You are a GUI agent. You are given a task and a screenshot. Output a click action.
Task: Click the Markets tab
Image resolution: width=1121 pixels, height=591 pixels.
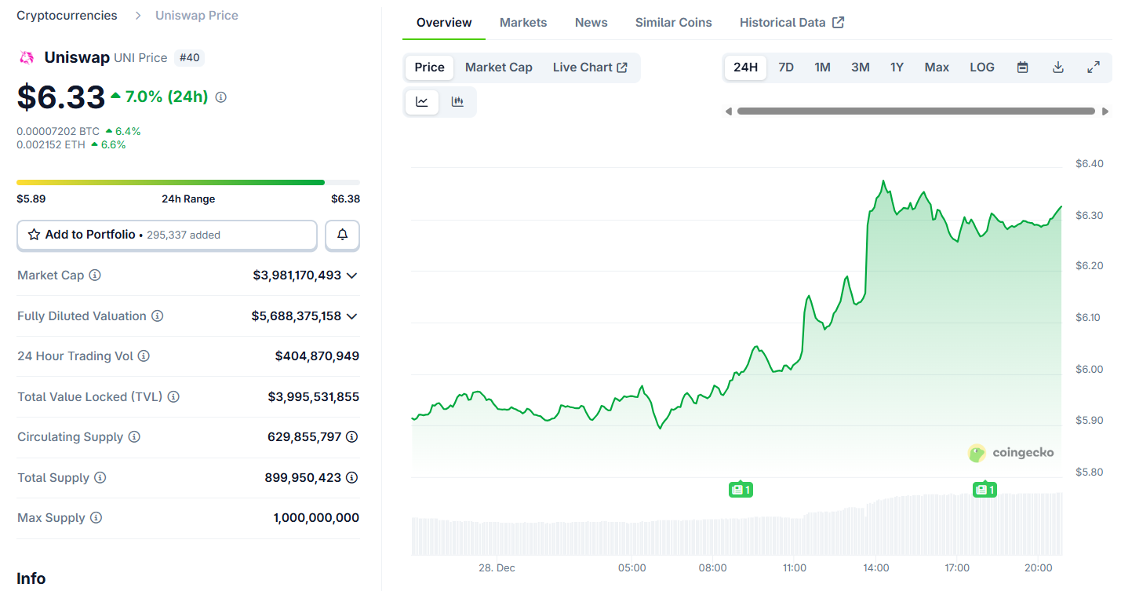coord(523,22)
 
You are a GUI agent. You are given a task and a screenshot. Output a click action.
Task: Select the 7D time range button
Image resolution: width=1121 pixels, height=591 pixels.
coord(786,67)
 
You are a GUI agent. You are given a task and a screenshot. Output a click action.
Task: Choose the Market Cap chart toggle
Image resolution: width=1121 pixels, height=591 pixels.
coord(499,67)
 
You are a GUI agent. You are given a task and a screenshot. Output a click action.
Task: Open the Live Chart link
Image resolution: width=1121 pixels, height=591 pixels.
coord(590,67)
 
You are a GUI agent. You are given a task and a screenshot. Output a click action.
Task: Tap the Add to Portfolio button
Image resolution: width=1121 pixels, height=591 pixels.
coord(167,235)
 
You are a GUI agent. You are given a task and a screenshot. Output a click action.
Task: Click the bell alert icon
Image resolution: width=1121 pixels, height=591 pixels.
coord(343,235)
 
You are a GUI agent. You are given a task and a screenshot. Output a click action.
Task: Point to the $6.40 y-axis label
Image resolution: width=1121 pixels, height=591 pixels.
coord(1089,164)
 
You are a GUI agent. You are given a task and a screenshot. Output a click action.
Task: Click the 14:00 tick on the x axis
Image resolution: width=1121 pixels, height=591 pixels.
coord(876,567)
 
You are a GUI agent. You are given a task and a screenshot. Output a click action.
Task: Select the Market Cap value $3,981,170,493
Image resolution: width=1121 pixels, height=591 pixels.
coord(297,275)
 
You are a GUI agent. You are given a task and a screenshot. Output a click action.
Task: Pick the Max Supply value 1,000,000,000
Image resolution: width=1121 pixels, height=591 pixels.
coord(316,518)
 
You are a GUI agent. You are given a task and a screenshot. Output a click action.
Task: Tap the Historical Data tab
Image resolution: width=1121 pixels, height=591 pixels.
coord(792,22)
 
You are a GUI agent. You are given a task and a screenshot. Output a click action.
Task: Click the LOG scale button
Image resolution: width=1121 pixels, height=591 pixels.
coord(982,67)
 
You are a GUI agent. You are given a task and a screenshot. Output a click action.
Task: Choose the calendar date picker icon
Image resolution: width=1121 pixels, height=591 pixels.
coord(1022,67)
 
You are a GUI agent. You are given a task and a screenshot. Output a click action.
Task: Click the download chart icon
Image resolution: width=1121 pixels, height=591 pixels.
coord(1058,67)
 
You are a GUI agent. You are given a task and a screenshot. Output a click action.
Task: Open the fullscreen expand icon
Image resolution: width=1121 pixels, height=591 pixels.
coord(1094,67)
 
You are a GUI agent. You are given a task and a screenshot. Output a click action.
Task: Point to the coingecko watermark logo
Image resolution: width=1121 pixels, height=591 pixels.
coord(1011,453)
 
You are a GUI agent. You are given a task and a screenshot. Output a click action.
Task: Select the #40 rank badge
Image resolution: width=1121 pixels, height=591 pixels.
coord(189,57)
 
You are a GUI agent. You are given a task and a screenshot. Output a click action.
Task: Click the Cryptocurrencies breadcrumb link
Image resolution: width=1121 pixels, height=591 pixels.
coord(67,16)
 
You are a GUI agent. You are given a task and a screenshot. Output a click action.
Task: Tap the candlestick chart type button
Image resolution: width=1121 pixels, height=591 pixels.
coord(457,101)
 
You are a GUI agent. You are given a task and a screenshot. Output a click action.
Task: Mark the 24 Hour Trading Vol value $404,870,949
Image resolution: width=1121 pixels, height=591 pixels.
coord(317,356)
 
